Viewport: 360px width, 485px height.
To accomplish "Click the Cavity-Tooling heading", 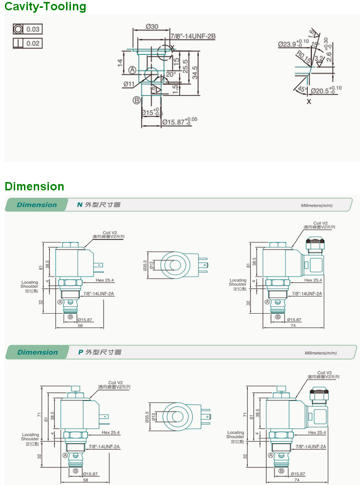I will click(x=45, y=7).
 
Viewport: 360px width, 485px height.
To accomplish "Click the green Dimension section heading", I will click(x=34, y=186).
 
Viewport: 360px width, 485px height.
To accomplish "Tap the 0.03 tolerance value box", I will click(x=33, y=29).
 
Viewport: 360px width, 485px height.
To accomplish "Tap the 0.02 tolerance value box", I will click(x=33, y=44).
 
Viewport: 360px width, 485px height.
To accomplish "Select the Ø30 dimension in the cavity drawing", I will click(x=152, y=26).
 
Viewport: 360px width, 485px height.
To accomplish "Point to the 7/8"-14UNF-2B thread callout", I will click(x=193, y=36).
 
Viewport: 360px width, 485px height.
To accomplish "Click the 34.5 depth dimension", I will click(x=195, y=72).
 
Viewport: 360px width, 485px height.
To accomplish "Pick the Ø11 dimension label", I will click(x=129, y=84).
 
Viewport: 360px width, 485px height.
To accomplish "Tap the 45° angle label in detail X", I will click(x=302, y=90).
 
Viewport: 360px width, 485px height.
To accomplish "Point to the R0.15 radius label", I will click(x=303, y=58).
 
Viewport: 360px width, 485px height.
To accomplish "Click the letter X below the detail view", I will click(x=309, y=102).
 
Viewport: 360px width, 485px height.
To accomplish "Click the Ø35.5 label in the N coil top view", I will click(x=145, y=266).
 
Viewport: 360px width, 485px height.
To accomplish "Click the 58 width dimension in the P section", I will click(x=79, y=480).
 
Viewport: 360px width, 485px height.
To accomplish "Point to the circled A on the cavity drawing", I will click(x=132, y=70).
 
